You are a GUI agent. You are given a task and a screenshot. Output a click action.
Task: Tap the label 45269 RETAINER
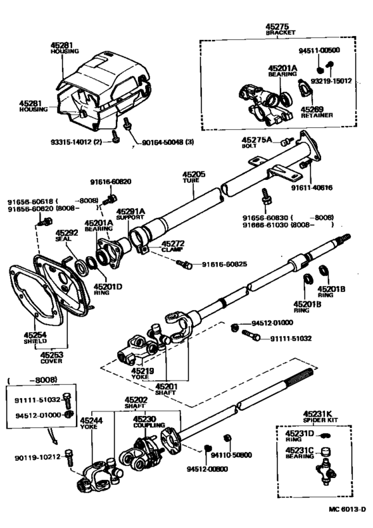(x=311, y=112)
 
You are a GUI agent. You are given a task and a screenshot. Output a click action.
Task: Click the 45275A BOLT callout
(x=256, y=143)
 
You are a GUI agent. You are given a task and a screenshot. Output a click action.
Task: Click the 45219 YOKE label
(x=142, y=374)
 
